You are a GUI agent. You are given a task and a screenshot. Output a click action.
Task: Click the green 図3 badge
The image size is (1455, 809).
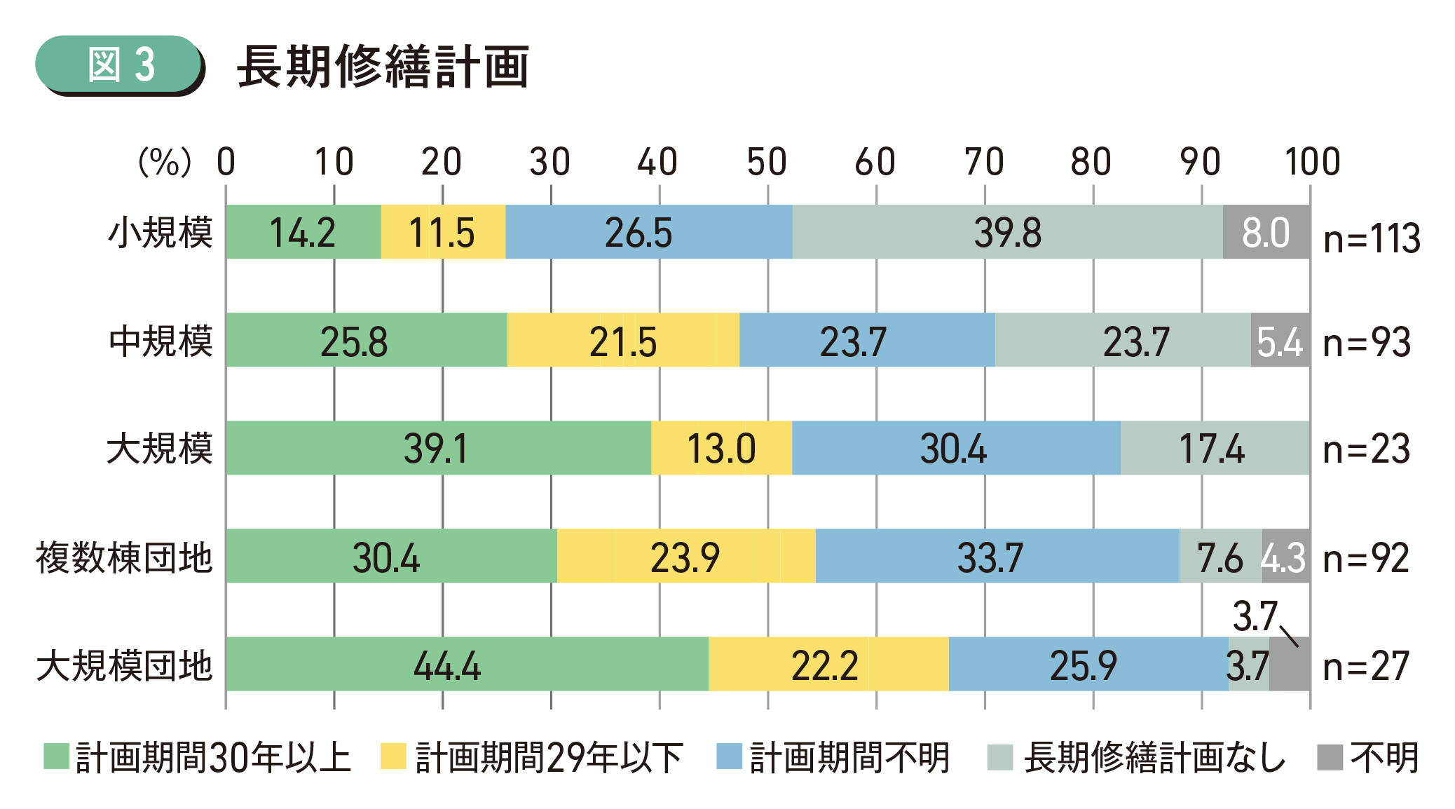coord(119,64)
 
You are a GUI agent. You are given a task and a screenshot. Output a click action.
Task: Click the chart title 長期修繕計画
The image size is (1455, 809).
coord(383,67)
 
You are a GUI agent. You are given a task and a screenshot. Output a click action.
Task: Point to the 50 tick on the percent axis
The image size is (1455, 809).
coord(767,162)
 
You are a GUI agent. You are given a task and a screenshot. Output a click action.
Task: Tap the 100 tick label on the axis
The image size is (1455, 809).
coord(1312,162)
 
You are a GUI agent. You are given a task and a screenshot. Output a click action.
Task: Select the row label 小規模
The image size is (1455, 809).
coord(160,233)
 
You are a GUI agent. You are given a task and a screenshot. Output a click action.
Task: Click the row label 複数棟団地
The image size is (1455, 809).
coord(124,558)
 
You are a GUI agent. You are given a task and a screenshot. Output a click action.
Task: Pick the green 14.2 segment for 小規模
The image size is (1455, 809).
coord(303,232)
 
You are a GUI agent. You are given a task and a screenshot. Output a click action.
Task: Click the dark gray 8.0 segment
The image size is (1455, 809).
coord(1266,232)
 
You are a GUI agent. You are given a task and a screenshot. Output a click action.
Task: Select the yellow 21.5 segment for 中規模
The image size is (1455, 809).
coord(623,341)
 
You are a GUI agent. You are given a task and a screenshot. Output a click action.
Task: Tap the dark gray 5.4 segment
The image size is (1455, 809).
coord(1280,341)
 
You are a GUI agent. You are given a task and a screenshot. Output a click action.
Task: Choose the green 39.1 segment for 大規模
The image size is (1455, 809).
coord(438,449)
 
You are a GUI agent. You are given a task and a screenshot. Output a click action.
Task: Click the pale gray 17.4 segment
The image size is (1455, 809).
coord(1214,449)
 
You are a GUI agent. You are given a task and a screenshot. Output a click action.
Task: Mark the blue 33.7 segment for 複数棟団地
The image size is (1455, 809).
coord(997,557)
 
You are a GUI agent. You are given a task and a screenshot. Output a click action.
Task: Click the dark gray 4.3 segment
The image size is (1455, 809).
coord(1285,557)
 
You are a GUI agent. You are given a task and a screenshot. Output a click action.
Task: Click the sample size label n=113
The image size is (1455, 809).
coord(1371,238)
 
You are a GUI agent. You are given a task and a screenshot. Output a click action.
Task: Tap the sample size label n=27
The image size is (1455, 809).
coord(1365,666)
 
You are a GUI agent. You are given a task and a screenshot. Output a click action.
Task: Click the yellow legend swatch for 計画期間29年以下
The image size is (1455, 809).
coord(393,757)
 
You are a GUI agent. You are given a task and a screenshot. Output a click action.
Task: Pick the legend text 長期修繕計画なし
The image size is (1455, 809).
coord(1154,758)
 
